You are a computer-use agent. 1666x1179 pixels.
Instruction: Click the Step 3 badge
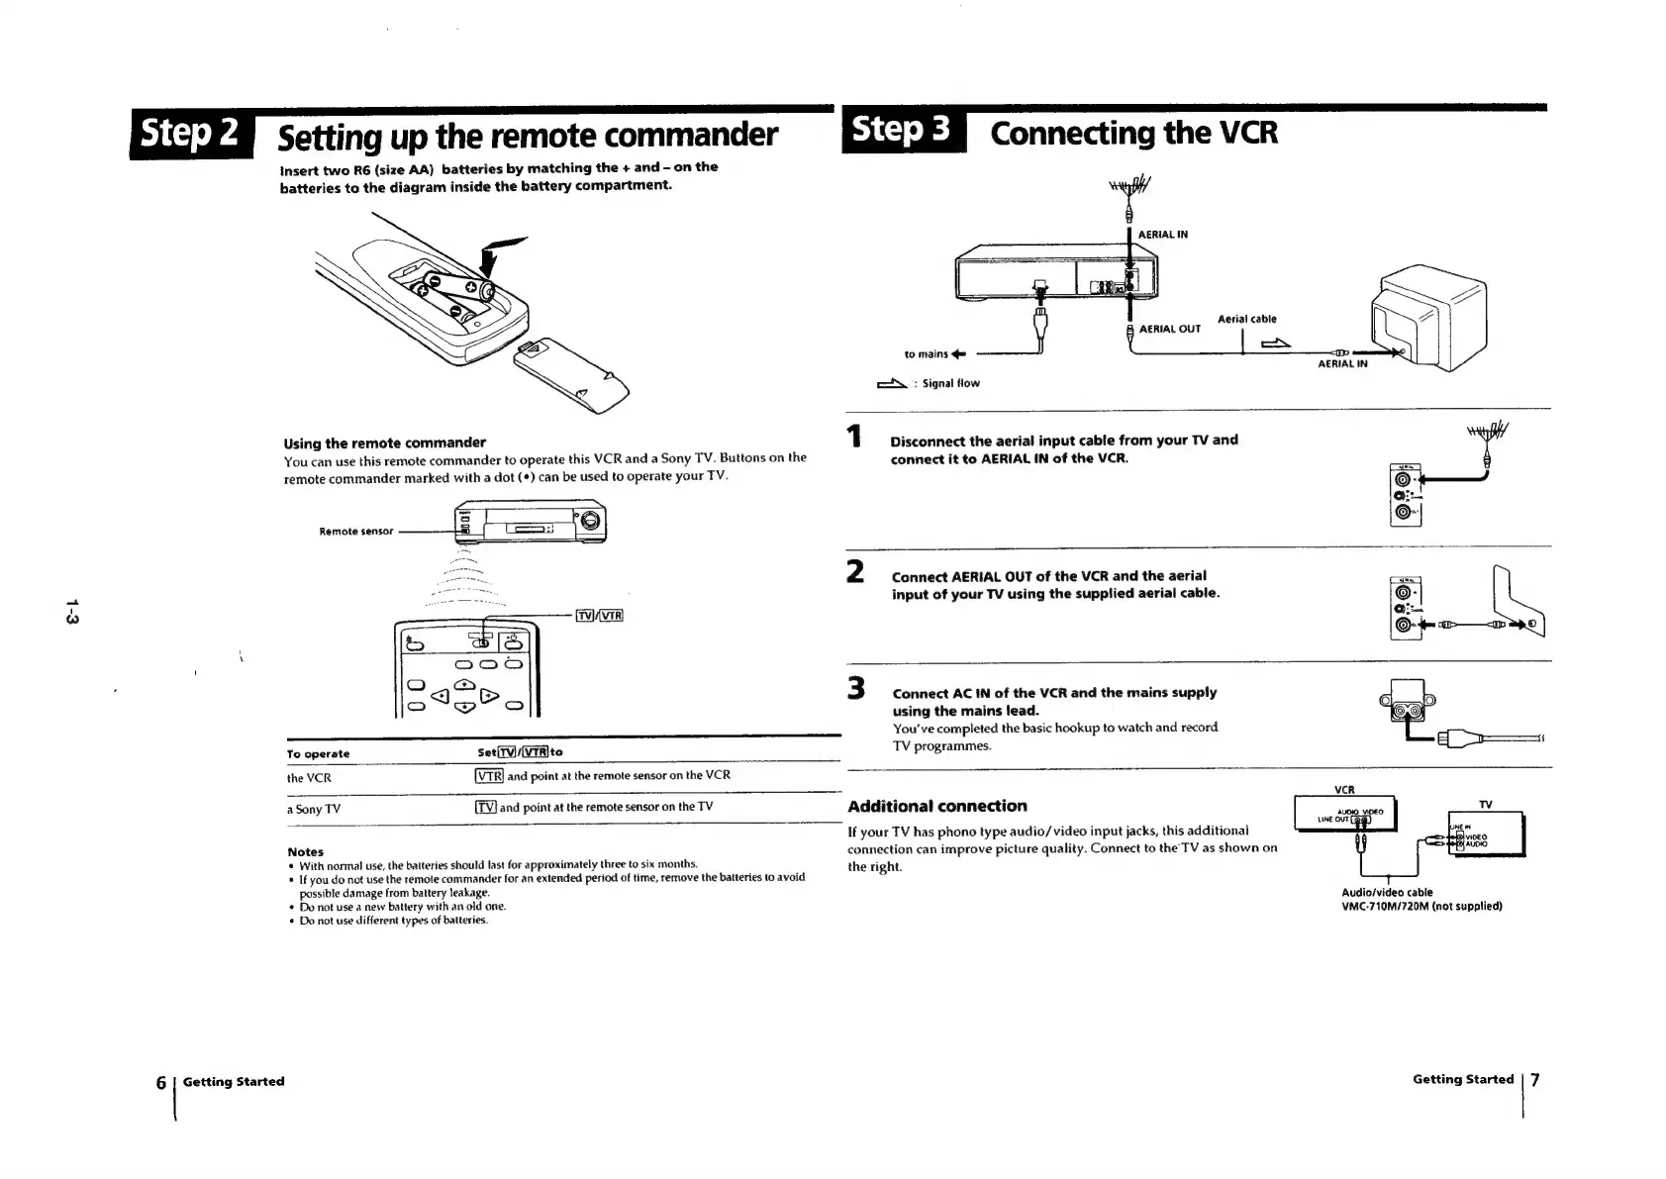tap(902, 130)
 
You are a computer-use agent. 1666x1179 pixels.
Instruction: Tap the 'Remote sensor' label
tap(355, 532)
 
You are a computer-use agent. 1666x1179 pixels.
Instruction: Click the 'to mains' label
tap(927, 354)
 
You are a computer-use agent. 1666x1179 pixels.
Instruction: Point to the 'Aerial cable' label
tap(1246, 319)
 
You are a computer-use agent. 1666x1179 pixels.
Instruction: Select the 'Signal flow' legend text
tap(950, 384)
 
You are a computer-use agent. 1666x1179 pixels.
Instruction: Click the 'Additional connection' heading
tap(936, 806)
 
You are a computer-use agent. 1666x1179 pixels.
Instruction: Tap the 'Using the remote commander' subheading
tap(384, 442)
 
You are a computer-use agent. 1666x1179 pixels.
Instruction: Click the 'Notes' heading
tap(305, 851)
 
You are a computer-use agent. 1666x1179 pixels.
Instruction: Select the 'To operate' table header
tap(318, 754)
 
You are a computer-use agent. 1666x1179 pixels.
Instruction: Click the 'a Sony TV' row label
tap(313, 809)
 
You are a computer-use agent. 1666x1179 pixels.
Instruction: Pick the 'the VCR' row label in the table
tap(309, 778)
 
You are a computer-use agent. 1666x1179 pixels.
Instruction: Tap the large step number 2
tap(855, 572)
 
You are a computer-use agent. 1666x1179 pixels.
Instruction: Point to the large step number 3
tap(855, 688)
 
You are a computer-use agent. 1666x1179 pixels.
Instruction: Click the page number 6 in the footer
tap(160, 1082)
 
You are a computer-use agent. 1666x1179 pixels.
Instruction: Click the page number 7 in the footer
tap(1535, 1079)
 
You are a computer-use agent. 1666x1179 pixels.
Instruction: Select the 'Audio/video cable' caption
tap(1386, 893)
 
